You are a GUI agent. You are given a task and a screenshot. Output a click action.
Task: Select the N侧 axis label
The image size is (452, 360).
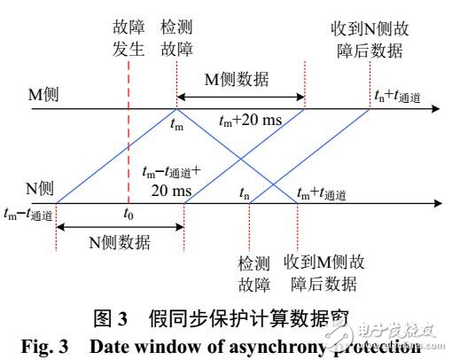(39, 187)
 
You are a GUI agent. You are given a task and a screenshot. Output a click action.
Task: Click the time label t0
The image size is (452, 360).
(128, 214)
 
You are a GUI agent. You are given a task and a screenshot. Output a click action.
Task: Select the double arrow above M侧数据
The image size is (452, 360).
(240, 96)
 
